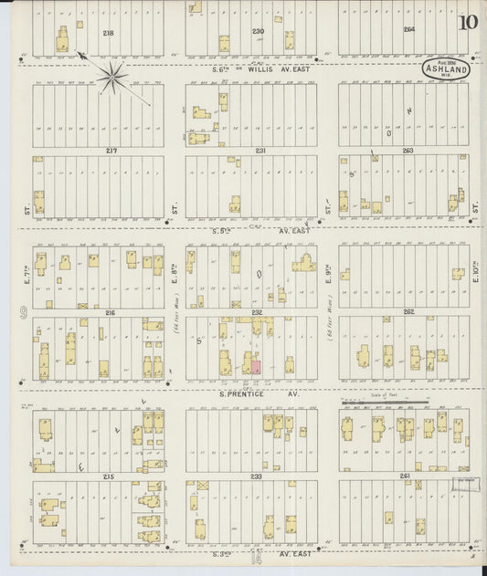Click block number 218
[109, 32]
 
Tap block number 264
[408, 29]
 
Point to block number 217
[111, 151]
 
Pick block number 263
[408, 151]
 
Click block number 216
[111, 312]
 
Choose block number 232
[258, 312]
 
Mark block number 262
[408, 312]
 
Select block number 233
[256, 477]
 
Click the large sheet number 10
[468, 24]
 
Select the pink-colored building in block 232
[256, 366]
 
